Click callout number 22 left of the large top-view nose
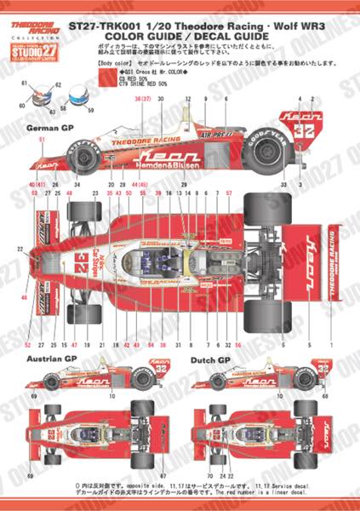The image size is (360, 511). click(x=19, y=250)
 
